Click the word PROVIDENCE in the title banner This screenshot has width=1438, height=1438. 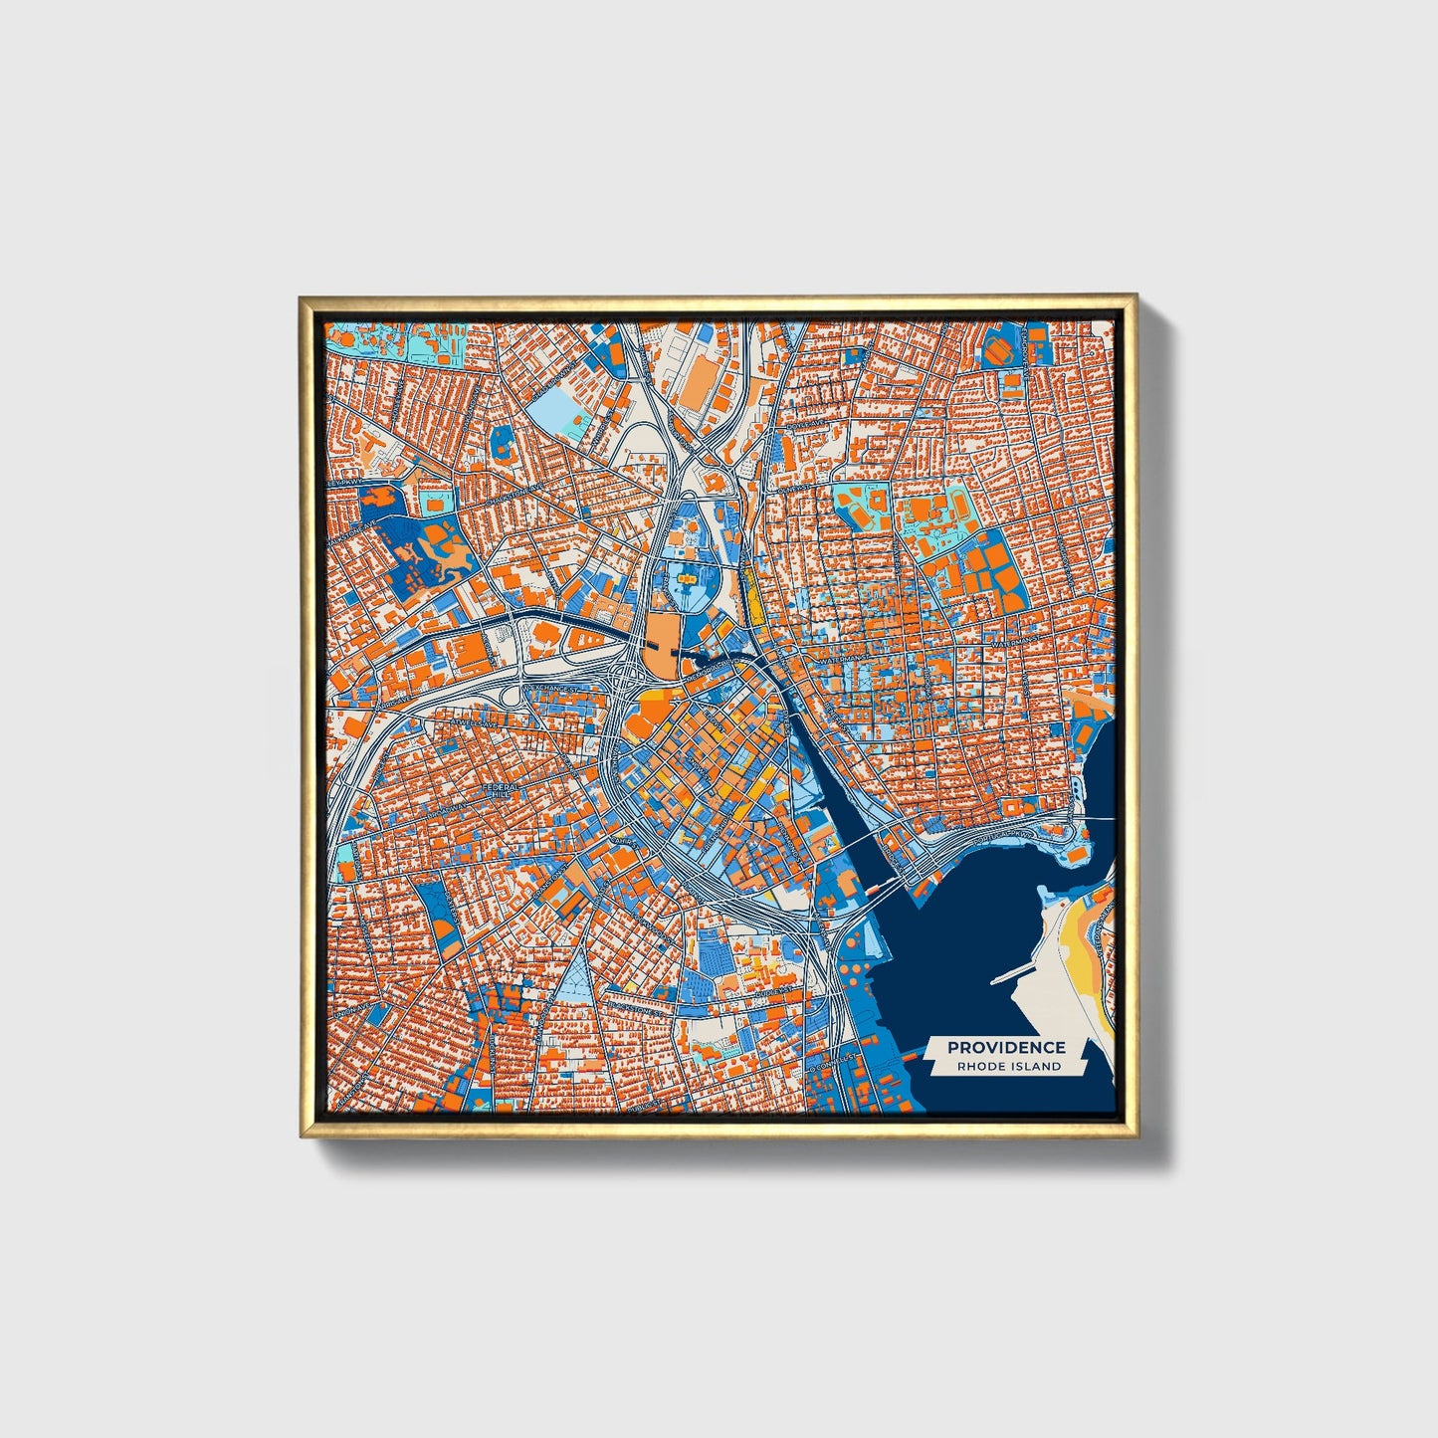pyautogui.click(x=1006, y=1047)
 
